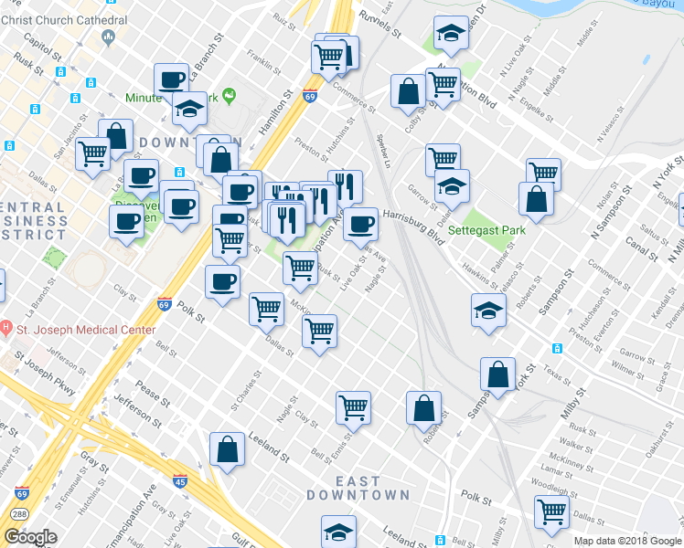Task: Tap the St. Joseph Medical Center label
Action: point(83,330)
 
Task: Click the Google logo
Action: point(31,537)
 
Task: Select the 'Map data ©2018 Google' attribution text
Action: point(626,541)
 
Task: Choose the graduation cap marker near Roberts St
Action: point(489,310)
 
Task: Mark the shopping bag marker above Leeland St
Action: point(227,449)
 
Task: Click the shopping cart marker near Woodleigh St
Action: point(552,513)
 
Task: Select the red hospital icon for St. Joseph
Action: point(5,327)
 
